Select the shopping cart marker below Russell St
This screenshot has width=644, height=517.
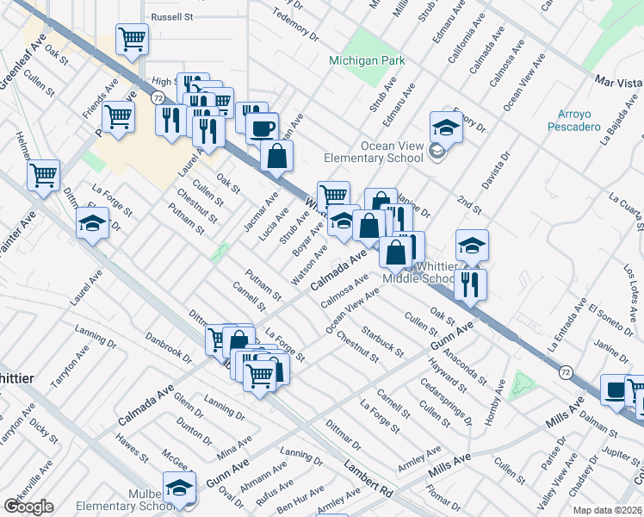point(132,39)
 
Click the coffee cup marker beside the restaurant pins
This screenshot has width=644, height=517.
point(262,128)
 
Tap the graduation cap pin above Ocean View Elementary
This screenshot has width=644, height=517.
point(447,126)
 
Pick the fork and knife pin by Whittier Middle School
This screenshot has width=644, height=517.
point(470,283)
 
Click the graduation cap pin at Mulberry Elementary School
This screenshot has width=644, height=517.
point(179,487)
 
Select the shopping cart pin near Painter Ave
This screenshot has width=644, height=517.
point(43,175)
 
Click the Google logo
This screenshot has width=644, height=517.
point(28,506)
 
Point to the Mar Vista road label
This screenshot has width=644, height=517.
point(618,82)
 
